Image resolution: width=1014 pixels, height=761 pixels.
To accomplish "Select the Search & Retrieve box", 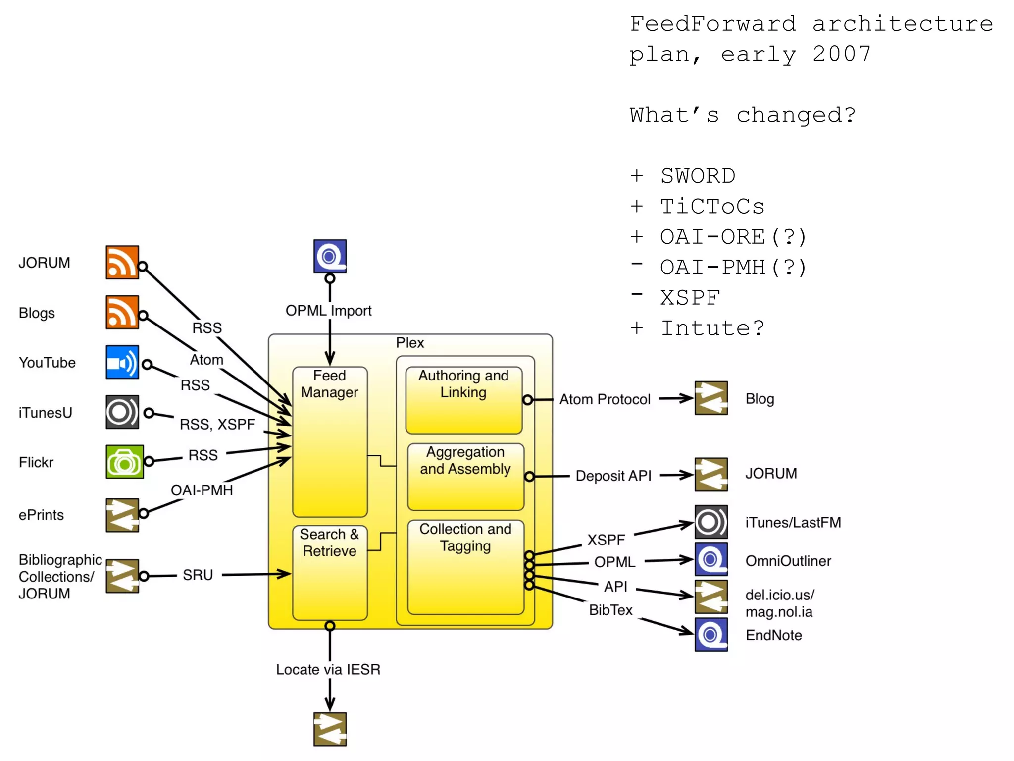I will tap(330, 573).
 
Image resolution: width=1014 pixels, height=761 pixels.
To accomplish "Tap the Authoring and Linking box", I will tap(463, 400).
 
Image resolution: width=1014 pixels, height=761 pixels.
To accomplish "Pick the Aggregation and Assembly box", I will tap(465, 477).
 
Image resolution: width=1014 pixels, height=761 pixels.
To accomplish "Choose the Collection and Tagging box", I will tap(465, 567).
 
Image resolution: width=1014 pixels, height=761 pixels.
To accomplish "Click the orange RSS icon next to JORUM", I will tap(122, 263).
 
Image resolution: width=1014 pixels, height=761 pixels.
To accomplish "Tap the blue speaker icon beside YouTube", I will tap(122, 362).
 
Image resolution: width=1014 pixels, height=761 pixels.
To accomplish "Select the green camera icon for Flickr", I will tap(124, 462).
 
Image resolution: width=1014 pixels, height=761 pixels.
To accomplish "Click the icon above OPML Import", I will tap(330, 256).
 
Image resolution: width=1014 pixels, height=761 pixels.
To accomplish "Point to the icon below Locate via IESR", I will tap(330, 729).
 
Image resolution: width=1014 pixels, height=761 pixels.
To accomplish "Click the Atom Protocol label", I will tap(605, 399).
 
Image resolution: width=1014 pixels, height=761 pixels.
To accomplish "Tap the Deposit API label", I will tap(613, 476).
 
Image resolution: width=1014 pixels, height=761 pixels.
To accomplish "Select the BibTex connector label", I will tap(610, 610).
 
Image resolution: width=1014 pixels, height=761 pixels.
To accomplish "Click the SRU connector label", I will tap(198, 575).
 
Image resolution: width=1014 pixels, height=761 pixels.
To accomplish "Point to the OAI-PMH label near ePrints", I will tap(202, 490).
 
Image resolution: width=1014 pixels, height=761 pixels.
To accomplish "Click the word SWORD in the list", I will tap(698, 176).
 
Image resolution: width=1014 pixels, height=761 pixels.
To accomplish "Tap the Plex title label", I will tap(409, 343).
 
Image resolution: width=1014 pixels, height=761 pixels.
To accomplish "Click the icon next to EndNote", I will tap(711, 634).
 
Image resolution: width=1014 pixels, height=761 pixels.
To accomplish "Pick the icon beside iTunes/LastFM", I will tap(711, 522).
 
